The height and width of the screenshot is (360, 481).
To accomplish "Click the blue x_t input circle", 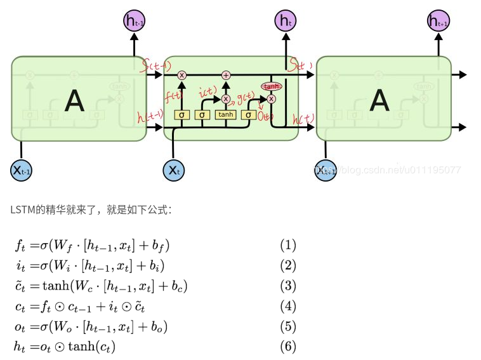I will click(x=174, y=170).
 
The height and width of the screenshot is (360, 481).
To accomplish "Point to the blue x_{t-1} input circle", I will click(x=21, y=170).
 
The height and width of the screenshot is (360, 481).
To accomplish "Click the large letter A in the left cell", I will click(x=75, y=100).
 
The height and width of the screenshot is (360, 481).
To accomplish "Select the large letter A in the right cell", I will click(x=379, y=100).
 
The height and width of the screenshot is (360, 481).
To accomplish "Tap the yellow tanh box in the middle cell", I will click(x=225, y=115).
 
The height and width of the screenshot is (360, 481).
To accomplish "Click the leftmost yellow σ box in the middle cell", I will click(x=182, y=115).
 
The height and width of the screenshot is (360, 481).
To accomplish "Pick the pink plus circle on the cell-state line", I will click(x=225, y=75).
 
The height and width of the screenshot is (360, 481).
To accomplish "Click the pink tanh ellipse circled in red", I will click(x=271, y=86).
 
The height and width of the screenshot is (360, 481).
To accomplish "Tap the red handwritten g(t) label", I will click(x=246, y=97).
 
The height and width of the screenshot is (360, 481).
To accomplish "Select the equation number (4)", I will click(x=288, y=306).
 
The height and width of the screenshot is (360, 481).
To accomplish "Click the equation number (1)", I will click(x=288, y=245).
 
